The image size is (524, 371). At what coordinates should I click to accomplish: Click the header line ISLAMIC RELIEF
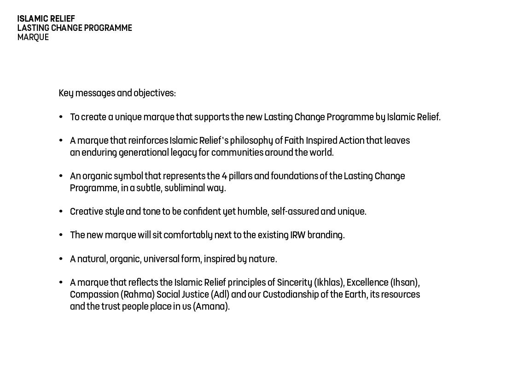click(46, 19)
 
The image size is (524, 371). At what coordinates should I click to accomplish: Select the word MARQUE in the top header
click(33, 37)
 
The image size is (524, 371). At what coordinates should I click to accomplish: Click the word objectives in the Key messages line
click(154, 93)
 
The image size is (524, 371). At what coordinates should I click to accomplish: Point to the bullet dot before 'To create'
click(61, 117)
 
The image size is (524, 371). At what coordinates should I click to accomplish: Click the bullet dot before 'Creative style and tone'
click(61, 212)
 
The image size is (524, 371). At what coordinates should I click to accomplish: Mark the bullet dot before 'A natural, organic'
click(61, 259)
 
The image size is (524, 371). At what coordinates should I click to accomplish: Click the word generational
click(144, 153)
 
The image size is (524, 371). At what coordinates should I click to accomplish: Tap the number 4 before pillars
click(224, 176)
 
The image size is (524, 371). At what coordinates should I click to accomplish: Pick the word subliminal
click(184, 188)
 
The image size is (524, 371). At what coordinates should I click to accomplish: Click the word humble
click(252, 212)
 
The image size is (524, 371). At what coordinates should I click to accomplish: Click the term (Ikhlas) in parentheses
click(329, 283)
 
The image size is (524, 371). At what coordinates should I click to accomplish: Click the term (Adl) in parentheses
click(220, 294)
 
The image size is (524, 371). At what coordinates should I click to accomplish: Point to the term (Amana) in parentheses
click(211, 306)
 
